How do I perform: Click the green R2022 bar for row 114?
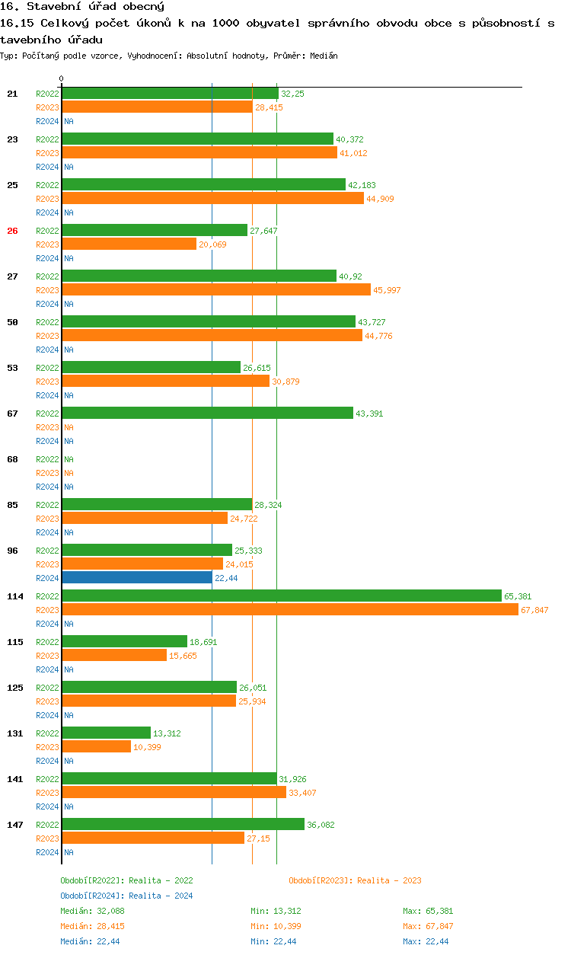[281, 596]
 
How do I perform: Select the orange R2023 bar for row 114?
[289, 609]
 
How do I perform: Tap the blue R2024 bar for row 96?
[137, 577]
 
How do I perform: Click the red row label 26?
[12, 231]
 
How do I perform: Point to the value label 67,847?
[534, 610]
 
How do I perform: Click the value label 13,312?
[168, 733]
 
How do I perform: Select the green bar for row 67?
[207, 413]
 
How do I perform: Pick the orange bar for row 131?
[96, 746]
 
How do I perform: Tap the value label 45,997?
[388, 290]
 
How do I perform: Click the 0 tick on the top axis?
[62, 79]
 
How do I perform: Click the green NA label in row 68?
[69, 459]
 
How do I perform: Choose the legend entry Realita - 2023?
[355, 880]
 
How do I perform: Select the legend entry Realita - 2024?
[126, 896]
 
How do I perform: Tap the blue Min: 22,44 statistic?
[274, 941]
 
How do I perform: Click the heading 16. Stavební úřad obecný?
[82, 7]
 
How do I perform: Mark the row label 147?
[15, 825]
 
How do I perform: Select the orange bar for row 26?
[129, 244]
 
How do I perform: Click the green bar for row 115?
[124, 641]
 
